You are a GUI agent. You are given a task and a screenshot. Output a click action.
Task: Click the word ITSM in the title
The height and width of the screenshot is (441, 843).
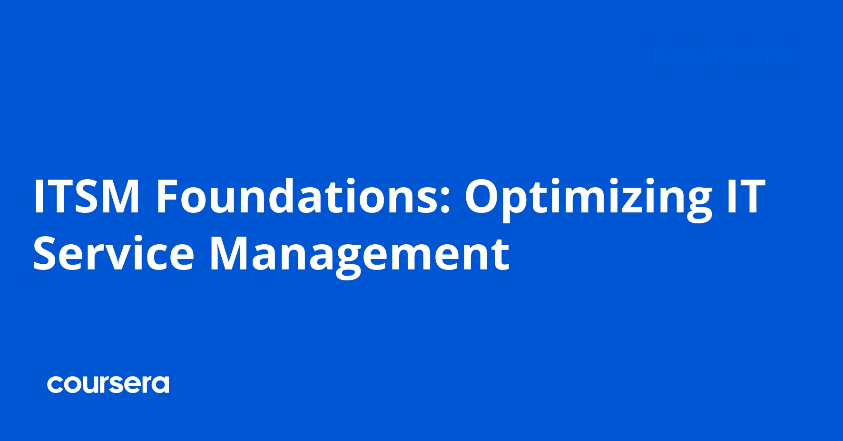click(86, 196)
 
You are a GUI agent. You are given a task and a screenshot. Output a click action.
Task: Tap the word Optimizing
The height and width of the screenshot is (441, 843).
click(588, 196)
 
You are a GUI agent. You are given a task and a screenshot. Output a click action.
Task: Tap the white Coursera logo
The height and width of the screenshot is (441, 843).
click(108, 384)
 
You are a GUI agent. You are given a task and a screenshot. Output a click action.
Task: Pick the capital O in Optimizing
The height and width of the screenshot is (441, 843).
click(485, 196)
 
